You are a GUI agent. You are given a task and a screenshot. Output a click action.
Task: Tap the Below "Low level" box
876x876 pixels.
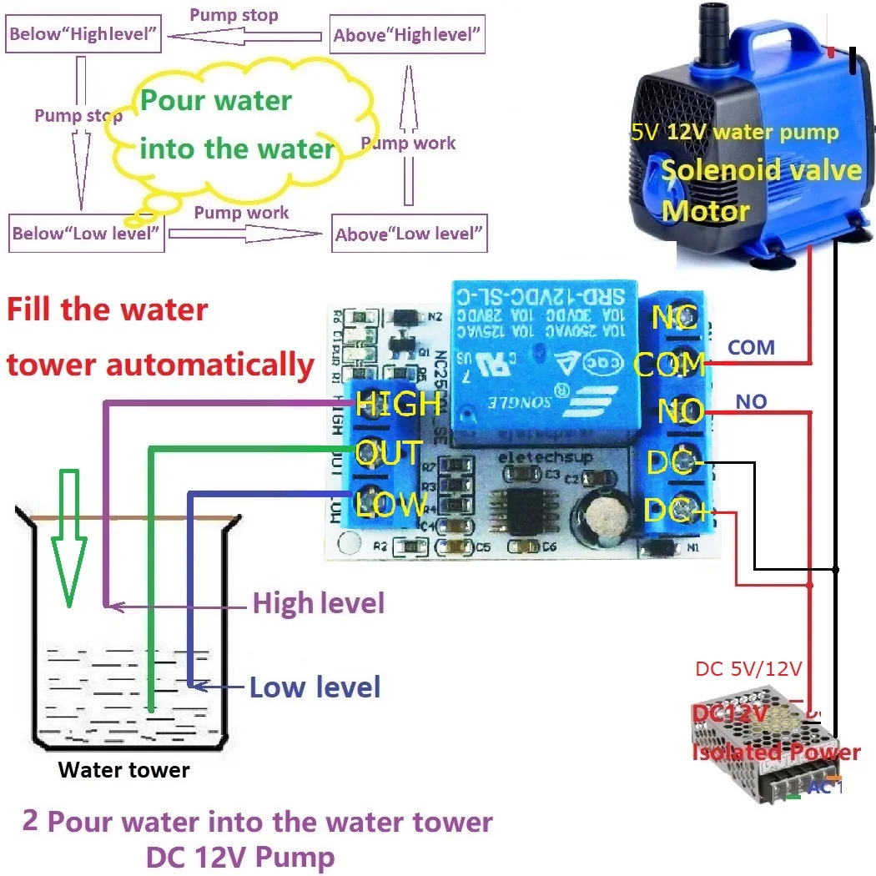86,234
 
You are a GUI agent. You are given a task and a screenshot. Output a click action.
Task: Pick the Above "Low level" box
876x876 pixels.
410,234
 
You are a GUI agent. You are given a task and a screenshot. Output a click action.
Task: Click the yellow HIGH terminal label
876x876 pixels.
398,404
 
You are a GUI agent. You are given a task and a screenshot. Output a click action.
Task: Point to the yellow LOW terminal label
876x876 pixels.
391,504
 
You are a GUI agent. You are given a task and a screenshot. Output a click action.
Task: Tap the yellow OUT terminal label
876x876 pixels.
389,454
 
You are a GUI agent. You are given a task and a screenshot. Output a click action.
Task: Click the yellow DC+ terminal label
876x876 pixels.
677,511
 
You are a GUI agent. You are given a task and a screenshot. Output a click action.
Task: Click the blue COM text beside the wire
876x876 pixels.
751,347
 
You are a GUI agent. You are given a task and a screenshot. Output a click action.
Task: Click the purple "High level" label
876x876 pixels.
319,602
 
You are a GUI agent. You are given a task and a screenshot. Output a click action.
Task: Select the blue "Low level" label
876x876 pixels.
315,687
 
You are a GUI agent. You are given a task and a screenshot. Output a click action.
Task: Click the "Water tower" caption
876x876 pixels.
124,769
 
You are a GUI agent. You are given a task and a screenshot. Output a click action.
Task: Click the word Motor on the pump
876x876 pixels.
705,210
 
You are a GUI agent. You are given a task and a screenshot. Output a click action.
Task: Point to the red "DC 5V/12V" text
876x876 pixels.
748,669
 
